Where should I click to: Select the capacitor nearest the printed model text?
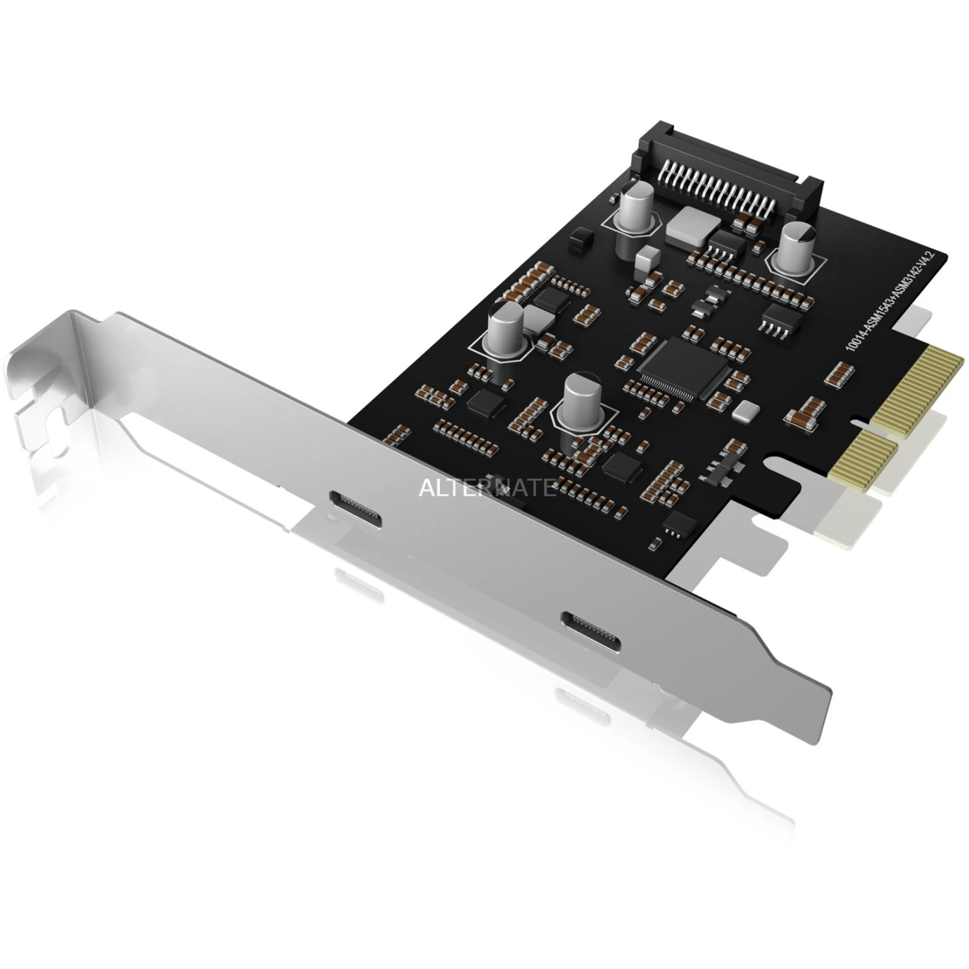click(793, 248)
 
